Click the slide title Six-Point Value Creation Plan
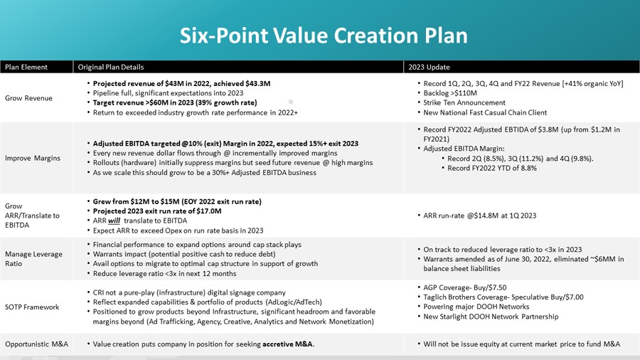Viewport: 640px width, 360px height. [x=324, y=35]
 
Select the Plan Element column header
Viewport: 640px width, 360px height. [x=26, y=67]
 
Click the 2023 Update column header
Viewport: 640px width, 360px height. [x=428, y=67]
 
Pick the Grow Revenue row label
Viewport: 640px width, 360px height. [x=28, y=98]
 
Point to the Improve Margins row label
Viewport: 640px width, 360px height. [x=33, y=159]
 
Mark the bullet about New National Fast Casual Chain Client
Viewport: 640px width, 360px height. [x=486, y=113]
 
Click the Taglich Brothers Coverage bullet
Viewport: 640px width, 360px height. [x=503, y=297]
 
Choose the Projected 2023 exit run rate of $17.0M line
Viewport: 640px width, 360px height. [x=157, y=211]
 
